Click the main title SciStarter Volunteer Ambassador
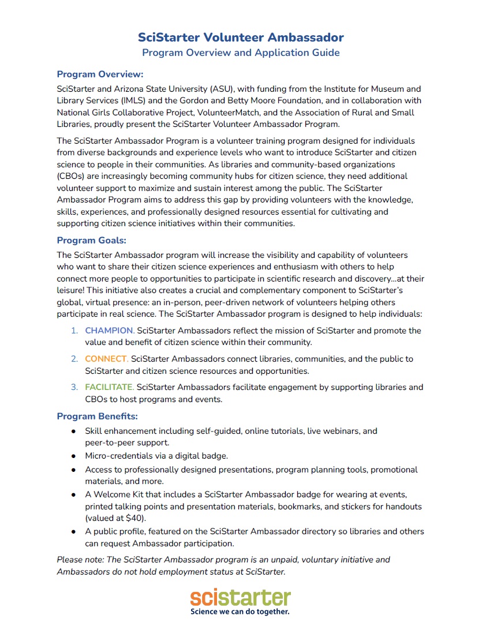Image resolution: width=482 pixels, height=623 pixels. click(x=241, y=37)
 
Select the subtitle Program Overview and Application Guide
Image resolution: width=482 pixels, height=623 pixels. click(x=241, y=53)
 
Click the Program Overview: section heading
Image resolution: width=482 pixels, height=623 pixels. click(x=100, y=74)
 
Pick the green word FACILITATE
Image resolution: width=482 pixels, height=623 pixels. click(x=110, y=387)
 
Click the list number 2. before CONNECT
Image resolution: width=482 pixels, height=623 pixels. click(x=74, y=359)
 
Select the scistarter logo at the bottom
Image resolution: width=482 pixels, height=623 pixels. click(x=241, y=597)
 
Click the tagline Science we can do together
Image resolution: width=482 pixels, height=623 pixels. click(x=240, y=611)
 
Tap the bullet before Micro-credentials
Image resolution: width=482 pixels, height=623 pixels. click(x=73, y=456)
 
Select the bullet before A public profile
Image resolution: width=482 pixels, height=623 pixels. click(x=73, y=531)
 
